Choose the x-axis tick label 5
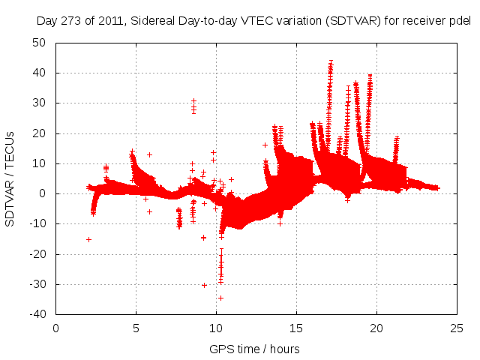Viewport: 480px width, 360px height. (136, 328)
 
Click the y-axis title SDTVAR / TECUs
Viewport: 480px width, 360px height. (10, 178)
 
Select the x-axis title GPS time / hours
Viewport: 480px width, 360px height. (256, 349)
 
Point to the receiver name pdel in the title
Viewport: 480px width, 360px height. (458, 21)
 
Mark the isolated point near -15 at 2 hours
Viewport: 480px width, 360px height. (88, 239)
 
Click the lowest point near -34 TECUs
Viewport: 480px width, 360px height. (220, 298)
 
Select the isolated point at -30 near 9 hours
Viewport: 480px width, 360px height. (204, 285)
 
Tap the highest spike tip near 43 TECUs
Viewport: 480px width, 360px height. (331, 63)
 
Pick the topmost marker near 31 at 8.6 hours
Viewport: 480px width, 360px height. (193, 100)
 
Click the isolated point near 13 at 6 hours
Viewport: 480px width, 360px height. (149, 154)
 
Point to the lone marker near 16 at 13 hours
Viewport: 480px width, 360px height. (265, 145)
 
